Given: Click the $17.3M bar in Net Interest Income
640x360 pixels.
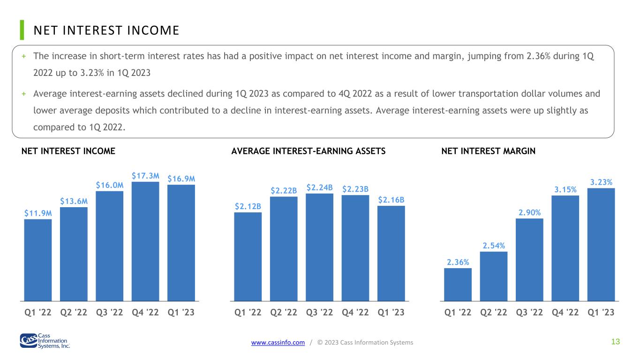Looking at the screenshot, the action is tap(145, 241).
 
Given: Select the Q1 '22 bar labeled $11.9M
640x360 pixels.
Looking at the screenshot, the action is tap(38, 260).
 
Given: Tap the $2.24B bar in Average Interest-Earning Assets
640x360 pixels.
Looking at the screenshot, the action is tap(319, 247).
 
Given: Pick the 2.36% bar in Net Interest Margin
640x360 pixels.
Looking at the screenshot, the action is tap(458, 285).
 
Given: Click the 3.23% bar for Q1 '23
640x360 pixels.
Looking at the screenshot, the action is tap(601, 245).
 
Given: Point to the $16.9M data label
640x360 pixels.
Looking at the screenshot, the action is tap(181, 179).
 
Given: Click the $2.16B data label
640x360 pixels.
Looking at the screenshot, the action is tap(391, 200).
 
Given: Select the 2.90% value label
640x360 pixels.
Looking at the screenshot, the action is tap(529, 212).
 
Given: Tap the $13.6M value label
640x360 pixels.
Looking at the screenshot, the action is tap(74, 202).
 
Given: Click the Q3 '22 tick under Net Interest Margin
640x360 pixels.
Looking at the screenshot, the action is tap(529, 312).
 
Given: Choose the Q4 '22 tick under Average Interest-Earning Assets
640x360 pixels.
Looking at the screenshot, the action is tap(355, 312).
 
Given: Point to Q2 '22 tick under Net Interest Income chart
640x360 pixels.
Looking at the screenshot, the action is tap(74, 312).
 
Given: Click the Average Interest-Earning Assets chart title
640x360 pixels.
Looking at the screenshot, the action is tap(309, 151).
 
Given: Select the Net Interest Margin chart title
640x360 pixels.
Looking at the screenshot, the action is tap(488, 151).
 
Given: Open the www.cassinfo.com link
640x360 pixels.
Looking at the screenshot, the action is tap(278, 342).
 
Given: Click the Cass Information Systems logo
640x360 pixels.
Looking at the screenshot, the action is tap(45, 341).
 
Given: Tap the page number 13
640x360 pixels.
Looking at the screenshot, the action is tap(616, 342).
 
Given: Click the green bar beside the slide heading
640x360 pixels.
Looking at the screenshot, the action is tap(22, 30).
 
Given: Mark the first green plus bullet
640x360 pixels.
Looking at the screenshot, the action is tap(24, 56).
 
